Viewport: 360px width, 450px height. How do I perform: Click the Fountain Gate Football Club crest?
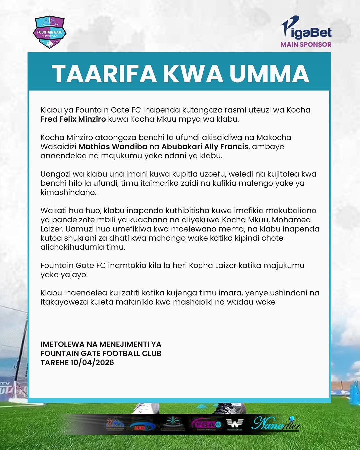click(50, 32)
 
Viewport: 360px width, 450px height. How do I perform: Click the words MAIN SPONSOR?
click(306, 44)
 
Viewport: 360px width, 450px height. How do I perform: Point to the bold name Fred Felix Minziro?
click(73, 119)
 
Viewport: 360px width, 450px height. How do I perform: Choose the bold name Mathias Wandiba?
click(113, 147)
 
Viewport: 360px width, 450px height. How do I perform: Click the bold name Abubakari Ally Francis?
click(205, 147)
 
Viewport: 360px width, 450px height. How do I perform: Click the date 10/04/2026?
click(92, 363)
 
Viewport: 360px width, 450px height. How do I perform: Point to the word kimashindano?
click(68, 192)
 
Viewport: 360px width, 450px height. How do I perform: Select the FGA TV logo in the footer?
click(206, 424)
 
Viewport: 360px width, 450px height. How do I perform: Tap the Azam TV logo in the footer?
click(142, 426)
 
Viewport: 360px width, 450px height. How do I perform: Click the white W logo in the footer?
click(235, 423)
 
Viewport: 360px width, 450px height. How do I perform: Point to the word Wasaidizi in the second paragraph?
click(58, 147)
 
